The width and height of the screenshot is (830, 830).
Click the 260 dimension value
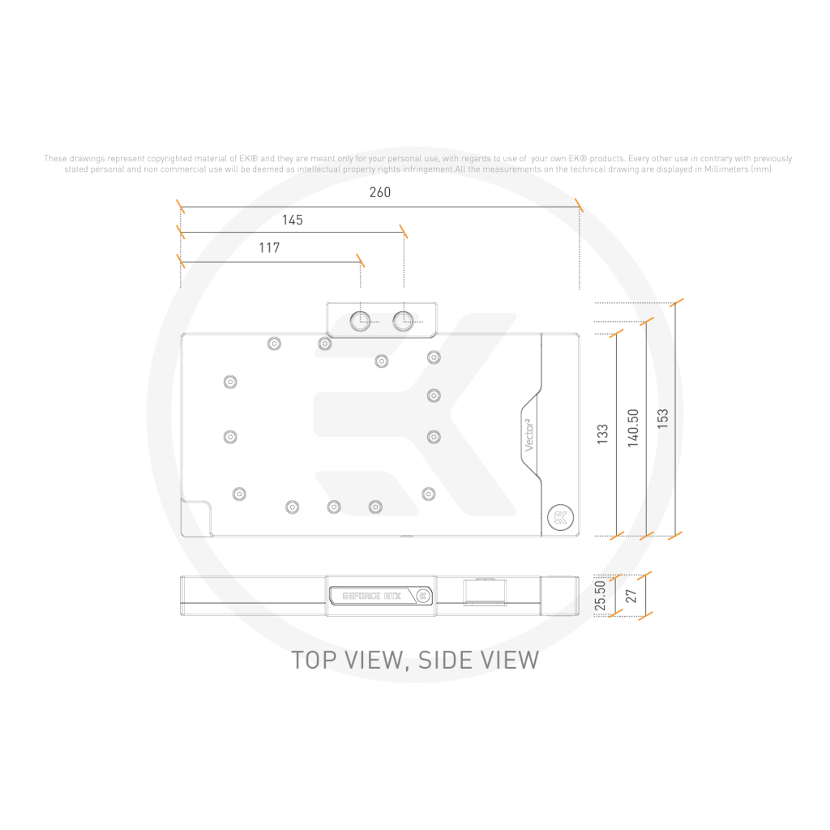(x=380, y=192)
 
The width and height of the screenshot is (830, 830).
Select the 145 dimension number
(x=292, y=220)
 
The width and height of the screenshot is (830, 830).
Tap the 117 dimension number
(x=269, y=248)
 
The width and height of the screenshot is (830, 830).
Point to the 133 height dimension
(x=602, y=434)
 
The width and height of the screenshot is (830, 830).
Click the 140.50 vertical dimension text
(x=633, y=428)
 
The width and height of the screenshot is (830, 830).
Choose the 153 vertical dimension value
(x=663, y=419)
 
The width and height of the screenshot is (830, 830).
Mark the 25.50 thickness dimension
(x=600, y=596)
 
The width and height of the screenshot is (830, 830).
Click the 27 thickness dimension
(x=631, y=596)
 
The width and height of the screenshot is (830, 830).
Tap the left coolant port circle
(x=360, y=320)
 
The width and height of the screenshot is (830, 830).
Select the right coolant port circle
(x=403, y=320)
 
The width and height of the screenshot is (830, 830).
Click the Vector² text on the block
(x=528, y=434)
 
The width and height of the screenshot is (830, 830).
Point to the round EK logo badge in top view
(x=561, y=517)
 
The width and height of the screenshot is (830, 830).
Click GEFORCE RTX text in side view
(x=371, y=596)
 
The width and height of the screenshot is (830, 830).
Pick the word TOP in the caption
(x=314, y=660)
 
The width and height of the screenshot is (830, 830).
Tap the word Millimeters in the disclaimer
(x=726, y=169)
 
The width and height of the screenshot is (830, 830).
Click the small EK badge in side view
(x=423, y=596)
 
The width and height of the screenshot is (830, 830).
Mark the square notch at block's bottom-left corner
(x=196, y=518)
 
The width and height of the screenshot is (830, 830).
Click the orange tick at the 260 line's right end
(x=579, y=205)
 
